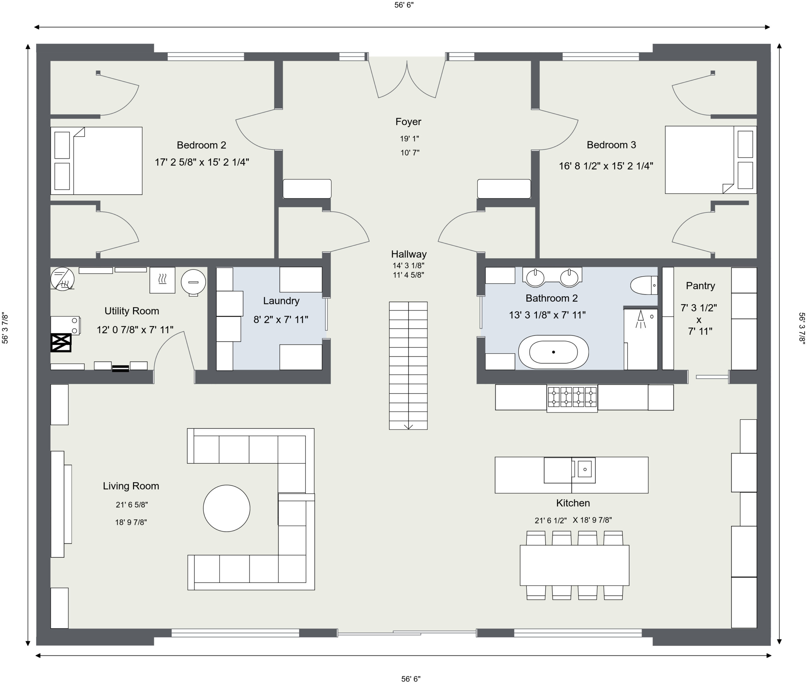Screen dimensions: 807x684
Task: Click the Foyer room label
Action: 408,122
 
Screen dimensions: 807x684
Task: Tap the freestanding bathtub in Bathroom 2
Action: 553,352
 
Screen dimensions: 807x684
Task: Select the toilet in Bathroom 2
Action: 644,285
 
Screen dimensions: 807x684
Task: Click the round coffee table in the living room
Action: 226,508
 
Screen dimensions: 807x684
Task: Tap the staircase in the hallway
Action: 408,365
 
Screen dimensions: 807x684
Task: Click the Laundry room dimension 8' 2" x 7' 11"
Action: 281,320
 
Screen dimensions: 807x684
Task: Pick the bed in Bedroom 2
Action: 96,160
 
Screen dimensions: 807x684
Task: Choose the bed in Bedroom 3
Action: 711,160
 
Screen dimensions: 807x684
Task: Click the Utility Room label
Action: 132,311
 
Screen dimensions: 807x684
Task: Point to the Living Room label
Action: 131,486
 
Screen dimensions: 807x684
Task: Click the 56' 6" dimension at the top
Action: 404,5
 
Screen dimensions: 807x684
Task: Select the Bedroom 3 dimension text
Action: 606,166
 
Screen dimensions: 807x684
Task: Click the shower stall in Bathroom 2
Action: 641,339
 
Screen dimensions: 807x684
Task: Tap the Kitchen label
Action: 573,503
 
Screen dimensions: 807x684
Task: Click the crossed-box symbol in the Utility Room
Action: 61,343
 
